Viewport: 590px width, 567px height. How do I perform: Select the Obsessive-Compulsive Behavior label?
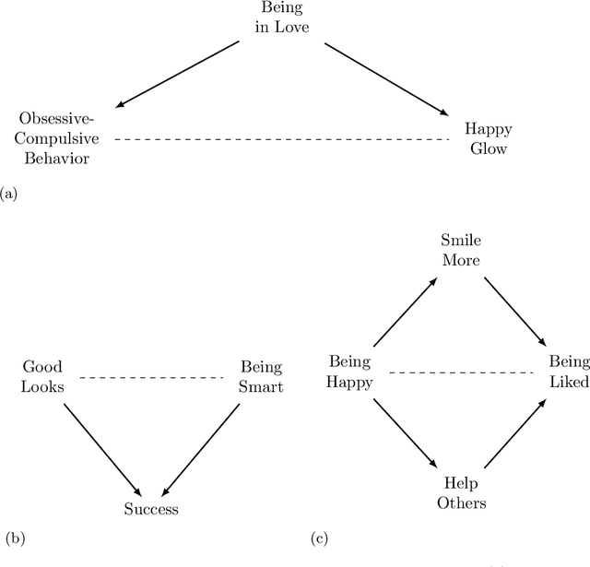56,138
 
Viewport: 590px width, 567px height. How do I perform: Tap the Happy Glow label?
488,138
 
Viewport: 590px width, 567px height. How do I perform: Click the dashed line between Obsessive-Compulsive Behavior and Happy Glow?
281,139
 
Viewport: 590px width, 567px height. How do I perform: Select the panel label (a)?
8,194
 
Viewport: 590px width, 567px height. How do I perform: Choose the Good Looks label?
42,376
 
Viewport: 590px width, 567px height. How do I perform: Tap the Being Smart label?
261,376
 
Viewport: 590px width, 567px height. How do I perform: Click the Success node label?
151,508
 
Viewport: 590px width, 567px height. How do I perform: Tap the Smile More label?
460,250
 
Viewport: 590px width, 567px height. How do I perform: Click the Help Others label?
460,493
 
